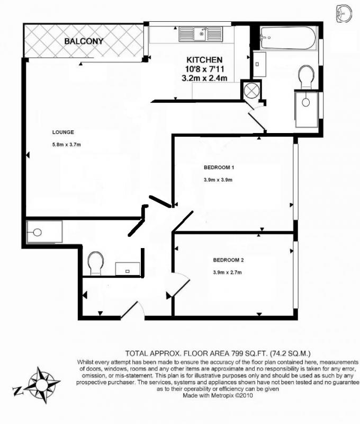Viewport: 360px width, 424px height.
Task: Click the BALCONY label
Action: coord(84,41)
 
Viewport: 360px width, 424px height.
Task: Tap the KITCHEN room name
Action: coord(204,60)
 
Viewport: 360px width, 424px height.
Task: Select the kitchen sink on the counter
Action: coord(201,34)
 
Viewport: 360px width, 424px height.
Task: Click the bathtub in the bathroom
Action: coord(288,38)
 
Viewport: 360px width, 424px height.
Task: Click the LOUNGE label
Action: coord(63,132)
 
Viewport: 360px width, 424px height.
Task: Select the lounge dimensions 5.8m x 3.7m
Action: coord(66,145)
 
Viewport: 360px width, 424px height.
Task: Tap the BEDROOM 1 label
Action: coord(219,167)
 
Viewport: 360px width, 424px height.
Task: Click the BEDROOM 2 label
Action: coord(229,260)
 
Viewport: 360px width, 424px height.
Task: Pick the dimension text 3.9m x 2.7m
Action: coord(228,272)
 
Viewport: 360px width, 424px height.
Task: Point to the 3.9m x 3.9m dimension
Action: coord(218,180)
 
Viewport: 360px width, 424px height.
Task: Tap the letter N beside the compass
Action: coord(17,391)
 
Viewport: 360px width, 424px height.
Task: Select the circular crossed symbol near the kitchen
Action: coord(251,90)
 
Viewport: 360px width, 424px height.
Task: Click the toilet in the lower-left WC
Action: coord(96,263)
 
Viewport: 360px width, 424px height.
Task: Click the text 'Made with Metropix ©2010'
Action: coord(218,395)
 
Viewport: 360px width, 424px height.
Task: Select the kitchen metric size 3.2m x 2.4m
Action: coord(204,78)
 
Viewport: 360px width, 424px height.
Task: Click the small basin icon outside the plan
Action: coord(344,13)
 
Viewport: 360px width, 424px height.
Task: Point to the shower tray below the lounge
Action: coord(44,232)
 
